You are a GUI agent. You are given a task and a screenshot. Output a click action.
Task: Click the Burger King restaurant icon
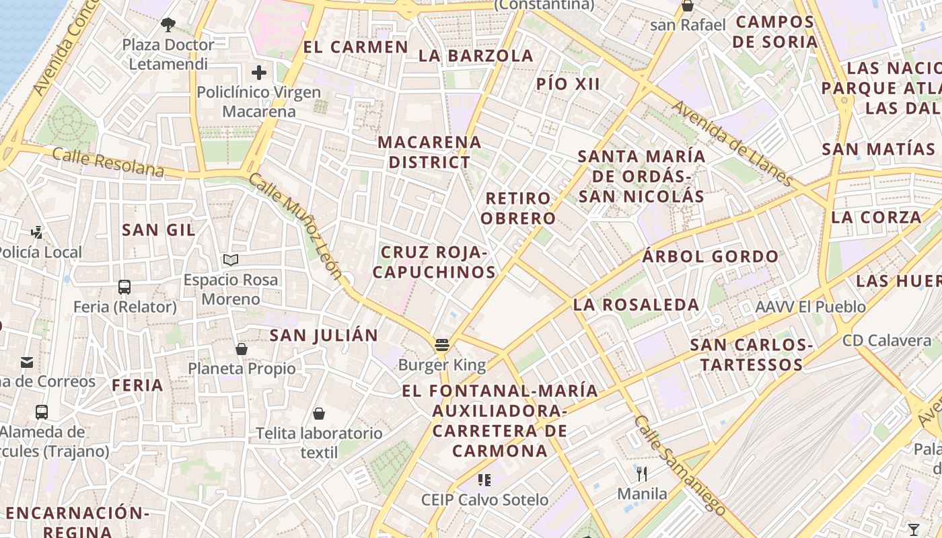point(442,345)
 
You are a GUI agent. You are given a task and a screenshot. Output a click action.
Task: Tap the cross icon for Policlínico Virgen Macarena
point(259,73)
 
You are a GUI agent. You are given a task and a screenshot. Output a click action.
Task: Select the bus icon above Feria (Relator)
point(124,287)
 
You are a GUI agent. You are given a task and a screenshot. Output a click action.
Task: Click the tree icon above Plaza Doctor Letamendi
point(168,26)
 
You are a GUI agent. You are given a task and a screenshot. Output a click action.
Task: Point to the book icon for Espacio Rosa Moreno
point(231,260)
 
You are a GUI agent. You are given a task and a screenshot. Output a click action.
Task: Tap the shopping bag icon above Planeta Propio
point(242,349)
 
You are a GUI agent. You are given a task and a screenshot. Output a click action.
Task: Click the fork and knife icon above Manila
point(642,474)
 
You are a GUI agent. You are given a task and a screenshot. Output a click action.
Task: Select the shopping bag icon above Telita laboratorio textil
point(319,414)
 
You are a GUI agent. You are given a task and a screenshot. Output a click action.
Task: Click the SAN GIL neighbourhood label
point(159,230)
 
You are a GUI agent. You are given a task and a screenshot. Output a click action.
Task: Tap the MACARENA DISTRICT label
point(429,152)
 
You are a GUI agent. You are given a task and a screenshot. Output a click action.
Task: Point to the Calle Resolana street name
point(108,162)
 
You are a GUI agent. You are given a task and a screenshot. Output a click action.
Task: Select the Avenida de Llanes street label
point(732,143)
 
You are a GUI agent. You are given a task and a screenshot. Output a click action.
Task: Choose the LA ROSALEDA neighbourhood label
point(636,305)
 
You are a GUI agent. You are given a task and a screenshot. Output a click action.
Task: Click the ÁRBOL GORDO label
point(710,256)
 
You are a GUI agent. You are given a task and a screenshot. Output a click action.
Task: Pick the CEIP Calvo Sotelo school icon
point(484,479)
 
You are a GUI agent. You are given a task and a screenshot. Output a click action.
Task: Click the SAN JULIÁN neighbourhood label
point(324,336)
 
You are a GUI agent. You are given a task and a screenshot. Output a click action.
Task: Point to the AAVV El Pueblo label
point(810,307)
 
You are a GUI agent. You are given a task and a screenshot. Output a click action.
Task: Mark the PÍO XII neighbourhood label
point(568,84)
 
